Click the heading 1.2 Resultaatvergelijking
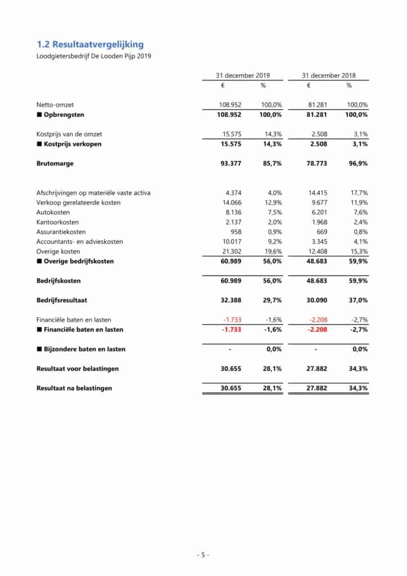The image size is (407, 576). pyautogui.click(x=90, y=44)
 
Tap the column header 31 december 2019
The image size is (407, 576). pyautogui.click(x=243, y=75)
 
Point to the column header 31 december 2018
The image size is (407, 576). pyautogui.click(x=328, y=75)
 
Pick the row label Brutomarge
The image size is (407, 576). pyautogui.click(x=55, y=164)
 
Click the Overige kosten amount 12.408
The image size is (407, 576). pyautogui.click(x=315, y=251)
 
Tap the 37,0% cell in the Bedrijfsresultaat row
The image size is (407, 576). pyautogui.click(x=358, y=300)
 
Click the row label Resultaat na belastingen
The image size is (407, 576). pyautogui.click(x=74, y=388)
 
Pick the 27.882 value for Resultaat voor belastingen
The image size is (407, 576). pyautogui.click(x=315, y=368)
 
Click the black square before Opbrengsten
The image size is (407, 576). pyautogui.click(x=39, y=115)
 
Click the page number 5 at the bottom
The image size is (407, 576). pyautogui.click(x=203, y=555)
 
